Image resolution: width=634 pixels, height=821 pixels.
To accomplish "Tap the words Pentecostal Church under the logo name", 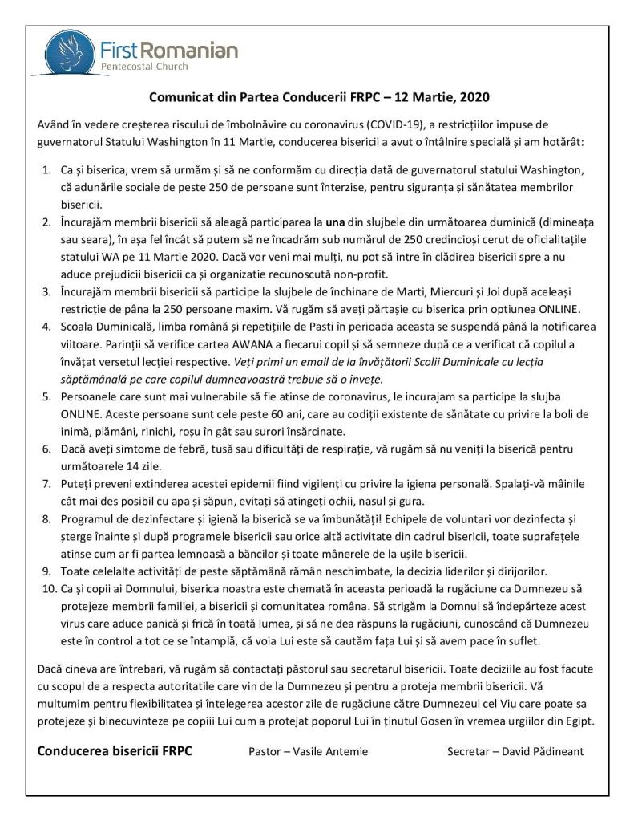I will pyautogui.click(x=143, y=67).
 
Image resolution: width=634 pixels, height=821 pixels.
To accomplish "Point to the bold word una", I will pyautogui.click(x=335, y=218).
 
